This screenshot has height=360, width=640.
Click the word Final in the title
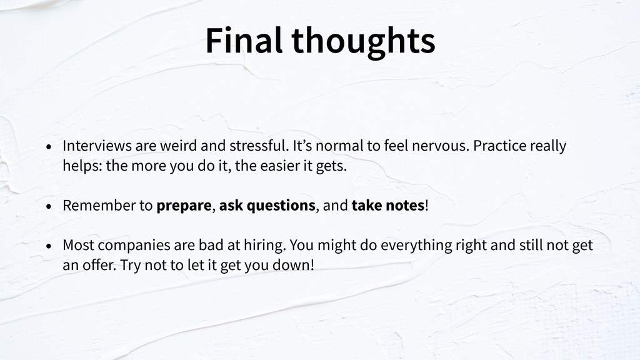(244, 40)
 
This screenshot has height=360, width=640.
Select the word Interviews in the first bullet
(97, 145)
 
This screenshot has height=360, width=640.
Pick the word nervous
(441, 146)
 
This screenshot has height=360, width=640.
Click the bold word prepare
(184, 206)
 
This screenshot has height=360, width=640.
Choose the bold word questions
(281, 206)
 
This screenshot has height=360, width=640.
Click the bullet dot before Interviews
(49, 146)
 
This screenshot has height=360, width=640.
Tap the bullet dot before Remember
(49, 206)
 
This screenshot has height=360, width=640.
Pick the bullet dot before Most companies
(49, 246)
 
